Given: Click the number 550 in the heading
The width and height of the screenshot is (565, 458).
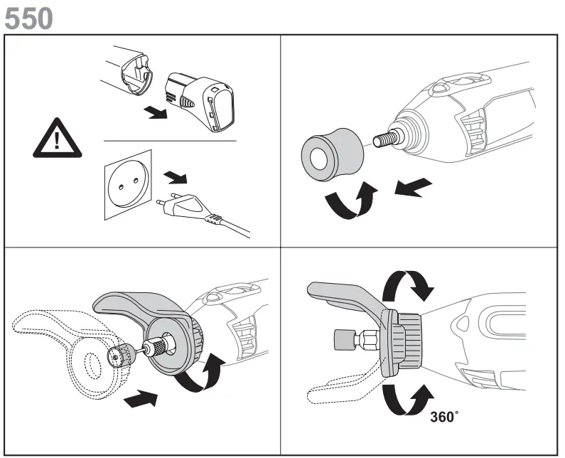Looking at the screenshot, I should point(28,18).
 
